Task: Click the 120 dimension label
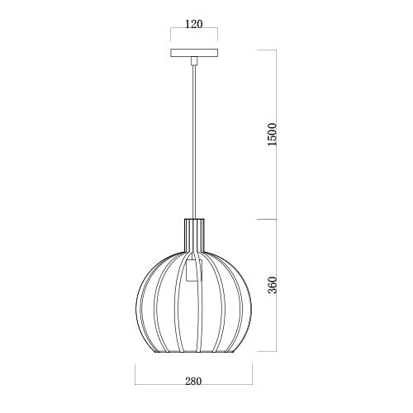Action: (x=193, y=25)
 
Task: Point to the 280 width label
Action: (x=193, y=382)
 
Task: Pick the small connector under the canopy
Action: (x=193, y=62)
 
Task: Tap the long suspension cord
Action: (x=193, y=140)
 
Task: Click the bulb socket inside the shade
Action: (x=193, y=271)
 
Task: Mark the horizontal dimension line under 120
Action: (x=193, y=34)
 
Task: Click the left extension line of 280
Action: (x=135, y=376)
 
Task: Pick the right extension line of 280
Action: (x=252, y=376)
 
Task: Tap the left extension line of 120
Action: (x=170, y=37)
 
